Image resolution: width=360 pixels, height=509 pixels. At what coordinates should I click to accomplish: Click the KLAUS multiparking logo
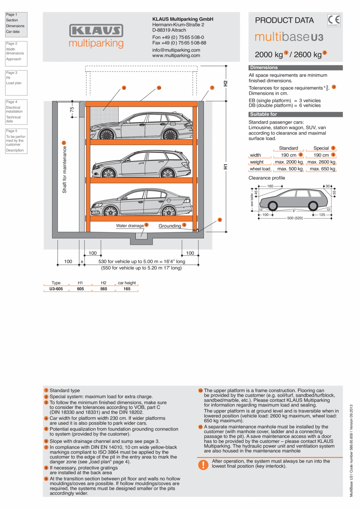[x=96, y=36]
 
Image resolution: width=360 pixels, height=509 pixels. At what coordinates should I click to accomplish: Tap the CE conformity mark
[x=334, y=20]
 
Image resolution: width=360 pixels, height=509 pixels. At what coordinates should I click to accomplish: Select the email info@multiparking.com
[x=176, y=50]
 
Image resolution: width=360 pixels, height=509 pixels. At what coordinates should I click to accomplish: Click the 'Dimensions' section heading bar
[x=295, y=68]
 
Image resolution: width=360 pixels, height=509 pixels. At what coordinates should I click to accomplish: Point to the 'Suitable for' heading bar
[x=295, y=114]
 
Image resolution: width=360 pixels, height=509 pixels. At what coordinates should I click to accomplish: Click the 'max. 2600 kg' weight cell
[x=321, y=162]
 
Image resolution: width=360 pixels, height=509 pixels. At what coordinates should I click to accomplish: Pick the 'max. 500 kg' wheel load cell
[x=288, y=169]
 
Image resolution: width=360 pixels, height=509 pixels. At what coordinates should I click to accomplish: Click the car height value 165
[x=127, y=289]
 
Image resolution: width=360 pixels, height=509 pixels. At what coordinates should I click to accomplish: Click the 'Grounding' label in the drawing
[x=170, y=226]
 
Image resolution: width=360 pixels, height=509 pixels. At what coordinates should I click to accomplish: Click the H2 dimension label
[x=225, y=83]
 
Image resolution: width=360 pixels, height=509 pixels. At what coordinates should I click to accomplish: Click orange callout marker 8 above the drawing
[x=124, y=88]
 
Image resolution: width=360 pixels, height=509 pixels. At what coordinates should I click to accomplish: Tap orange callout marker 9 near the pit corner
[x=220, y=220]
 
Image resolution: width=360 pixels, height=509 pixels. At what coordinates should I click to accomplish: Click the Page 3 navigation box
[x=16, y=83]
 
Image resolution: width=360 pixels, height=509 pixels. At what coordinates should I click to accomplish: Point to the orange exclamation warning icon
[x=203, y=464]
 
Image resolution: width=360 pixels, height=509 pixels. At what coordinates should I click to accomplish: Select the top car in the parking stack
[x=141, y=126]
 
